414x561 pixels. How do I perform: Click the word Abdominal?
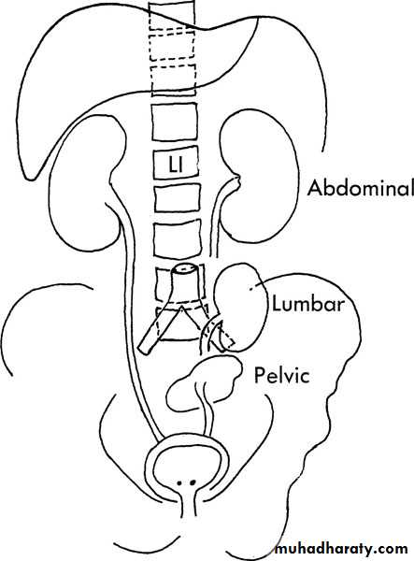(x=361, y=188)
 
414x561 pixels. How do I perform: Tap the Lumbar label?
(x=308, y=304)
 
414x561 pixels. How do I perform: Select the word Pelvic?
(x=281, y=375)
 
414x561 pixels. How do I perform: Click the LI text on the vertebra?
(x=176, y=165)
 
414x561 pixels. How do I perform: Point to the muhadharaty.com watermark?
(x=342, y=549)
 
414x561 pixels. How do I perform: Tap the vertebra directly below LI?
(x=178, y=197)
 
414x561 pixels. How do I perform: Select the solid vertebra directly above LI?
(x=175, y=122)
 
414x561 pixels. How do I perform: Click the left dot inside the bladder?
(x=179, y=483)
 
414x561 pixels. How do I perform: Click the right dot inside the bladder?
(x=193, y=482)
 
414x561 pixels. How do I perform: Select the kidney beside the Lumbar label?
(x=242, y=308)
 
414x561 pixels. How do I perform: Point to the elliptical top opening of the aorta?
(x=185, y=269)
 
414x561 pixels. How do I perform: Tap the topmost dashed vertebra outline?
(x=171, y=14)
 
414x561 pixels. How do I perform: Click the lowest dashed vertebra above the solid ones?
(x=174, y=80)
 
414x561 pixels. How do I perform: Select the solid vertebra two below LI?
(x=178, y=239)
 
